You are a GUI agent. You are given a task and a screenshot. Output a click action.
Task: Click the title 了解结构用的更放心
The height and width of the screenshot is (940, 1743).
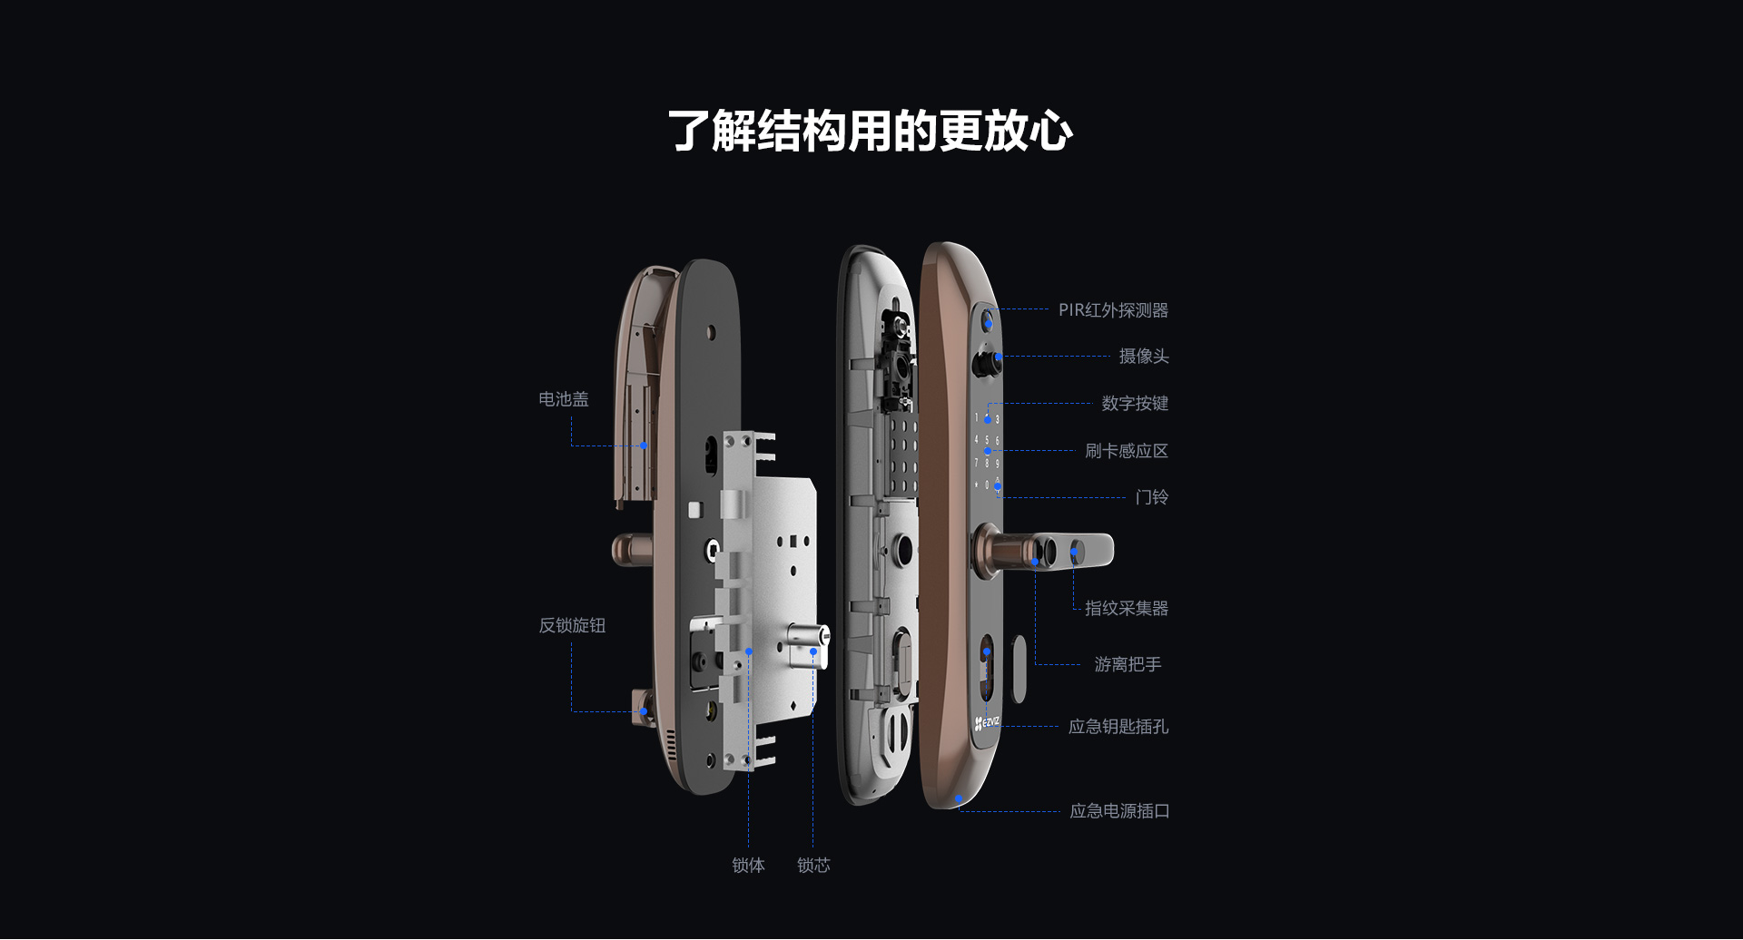pos(871,131)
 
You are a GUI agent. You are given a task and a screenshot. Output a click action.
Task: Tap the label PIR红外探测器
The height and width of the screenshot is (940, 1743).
pos(1113,310)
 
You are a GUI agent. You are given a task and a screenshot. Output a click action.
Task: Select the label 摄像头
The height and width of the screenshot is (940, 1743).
pos(1144,357)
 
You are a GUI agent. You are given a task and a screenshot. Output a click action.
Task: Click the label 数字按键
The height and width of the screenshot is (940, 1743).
pos(1135,404)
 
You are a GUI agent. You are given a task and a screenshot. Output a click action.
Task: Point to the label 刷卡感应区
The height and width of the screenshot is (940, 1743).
pos(1127,451)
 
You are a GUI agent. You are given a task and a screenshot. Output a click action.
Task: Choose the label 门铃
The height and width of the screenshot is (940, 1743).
pos(1152,497)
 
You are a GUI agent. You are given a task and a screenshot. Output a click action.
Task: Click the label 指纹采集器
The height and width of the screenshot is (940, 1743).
pos(1127,609)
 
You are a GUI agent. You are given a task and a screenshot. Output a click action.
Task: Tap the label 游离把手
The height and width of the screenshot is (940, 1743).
pos(1128,665)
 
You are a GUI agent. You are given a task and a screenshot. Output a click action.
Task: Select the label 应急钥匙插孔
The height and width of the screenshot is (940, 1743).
pos(1118,727)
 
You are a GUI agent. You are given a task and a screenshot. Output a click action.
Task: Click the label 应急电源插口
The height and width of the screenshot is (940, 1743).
pos(1119,811)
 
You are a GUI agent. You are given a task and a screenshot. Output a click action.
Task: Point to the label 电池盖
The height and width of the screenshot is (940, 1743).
pos(564,399)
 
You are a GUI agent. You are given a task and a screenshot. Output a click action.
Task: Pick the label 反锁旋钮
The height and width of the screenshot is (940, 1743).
pos(572,625)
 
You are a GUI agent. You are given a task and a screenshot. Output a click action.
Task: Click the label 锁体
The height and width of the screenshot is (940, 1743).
pos(748,866)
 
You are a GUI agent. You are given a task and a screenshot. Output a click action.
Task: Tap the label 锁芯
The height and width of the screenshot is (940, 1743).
pos(813,866)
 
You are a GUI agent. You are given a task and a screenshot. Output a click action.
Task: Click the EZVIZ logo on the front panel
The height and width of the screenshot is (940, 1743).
pos(987,723)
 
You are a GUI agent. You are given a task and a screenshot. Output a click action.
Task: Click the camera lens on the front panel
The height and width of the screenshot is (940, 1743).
pos(985,363)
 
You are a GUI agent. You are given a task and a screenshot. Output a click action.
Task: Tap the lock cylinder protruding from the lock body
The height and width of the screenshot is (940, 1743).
pos(808,645)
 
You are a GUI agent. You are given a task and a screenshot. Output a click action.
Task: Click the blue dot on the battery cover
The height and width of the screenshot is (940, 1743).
pos(644,446)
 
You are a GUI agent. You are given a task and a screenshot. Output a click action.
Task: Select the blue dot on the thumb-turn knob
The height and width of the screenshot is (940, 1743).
pos(644,711)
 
